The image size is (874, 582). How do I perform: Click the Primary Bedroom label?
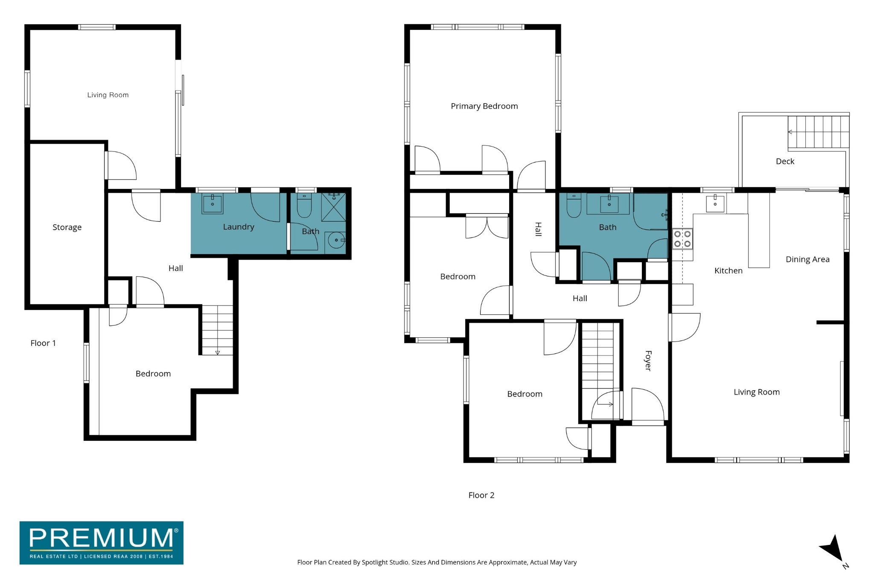(484, 106)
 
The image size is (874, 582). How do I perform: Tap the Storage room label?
(67, 227)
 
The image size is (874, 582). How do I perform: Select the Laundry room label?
(239, 227)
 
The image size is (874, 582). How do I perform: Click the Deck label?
(785, 161)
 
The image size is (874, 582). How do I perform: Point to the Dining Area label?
(807, 259)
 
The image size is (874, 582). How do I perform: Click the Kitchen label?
(728, 271)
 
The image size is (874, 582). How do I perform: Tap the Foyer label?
(648, 361)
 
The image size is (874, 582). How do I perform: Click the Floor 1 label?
(43, 343)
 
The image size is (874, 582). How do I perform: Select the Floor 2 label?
(481, 495)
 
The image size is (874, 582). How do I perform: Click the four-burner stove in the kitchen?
(682, 239)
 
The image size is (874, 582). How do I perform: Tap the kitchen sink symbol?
(715, 203)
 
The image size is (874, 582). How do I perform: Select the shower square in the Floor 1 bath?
(334, 207)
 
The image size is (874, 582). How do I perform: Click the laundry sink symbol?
(213, 204)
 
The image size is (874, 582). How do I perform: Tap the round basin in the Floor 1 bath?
(337, 240)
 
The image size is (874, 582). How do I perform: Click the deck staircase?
(819, 132)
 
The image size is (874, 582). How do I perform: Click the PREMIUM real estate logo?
(102, 543)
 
